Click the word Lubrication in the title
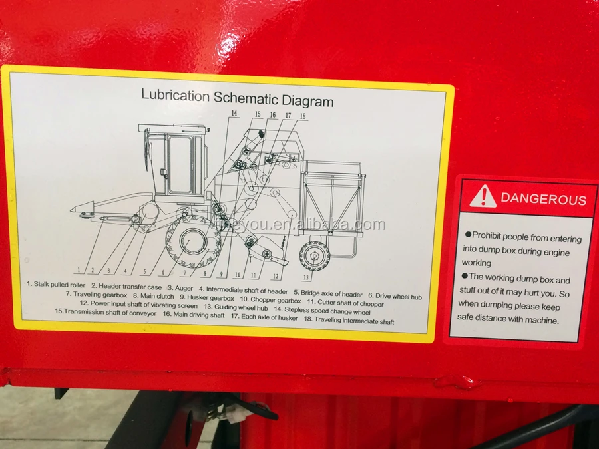pyautogui.click(x=175, y=95)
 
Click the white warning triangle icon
pyautogui.click(x=483, y=196)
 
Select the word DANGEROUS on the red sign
pyautogui.click(x=543, y=199)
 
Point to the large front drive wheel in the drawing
pyautogui.click(x=192, y=239)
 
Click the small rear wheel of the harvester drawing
pyautogui.click(x=314, y=256)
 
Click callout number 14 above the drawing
pyautogui.click(x=234, y=114)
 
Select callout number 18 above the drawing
pyautogui.click(x=303, y=116)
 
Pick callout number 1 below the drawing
pyautogui.click(x=79, y=269)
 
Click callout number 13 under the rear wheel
pyautogui.click(x=306, y=277)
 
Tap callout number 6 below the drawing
pyautogui.click(x=164, y=272)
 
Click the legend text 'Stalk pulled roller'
pyautogui.click(x=59, y=285)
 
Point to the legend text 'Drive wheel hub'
pyautogui.click(x=399, y=295)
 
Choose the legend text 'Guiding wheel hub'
pyautogui.click(x=237, y=307)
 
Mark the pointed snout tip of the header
pyautogui.click(x=73, y=210)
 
